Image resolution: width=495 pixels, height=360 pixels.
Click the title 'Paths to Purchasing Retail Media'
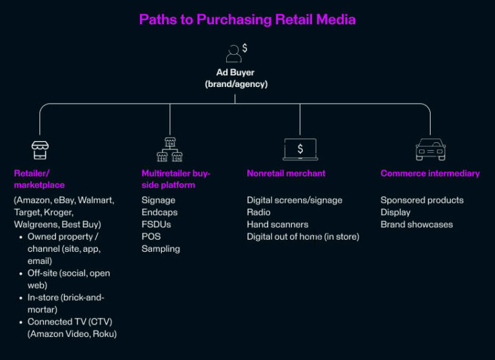(247, 19)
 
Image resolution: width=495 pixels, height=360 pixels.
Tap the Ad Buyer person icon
(234, 53)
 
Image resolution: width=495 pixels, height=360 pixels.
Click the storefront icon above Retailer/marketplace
(41, 149)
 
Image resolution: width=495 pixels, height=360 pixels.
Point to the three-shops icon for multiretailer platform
(170, 149)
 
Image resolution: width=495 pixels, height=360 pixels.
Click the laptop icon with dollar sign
(300, 149)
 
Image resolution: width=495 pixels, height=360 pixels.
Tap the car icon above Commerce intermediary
(430, 149)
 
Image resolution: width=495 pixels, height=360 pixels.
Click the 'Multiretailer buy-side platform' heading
(176, 179)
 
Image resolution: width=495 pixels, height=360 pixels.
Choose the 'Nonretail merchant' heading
(286, 173)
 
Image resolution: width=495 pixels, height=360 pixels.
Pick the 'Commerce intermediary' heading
(430, 173)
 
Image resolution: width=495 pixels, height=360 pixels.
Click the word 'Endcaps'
(159, 213)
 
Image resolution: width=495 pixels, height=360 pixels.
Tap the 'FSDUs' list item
(155, 225)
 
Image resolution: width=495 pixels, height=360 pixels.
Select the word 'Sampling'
(160, 249)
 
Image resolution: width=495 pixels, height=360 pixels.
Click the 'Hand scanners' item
(277, 225)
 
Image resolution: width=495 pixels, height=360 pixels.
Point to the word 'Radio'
(258, 213)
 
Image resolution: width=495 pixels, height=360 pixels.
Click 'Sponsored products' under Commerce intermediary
(422, 200)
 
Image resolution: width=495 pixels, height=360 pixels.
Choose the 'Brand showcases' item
(416, 225)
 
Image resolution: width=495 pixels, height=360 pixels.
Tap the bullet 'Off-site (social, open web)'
(68, 279)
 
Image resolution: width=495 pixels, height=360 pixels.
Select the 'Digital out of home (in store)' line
(303, 237)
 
